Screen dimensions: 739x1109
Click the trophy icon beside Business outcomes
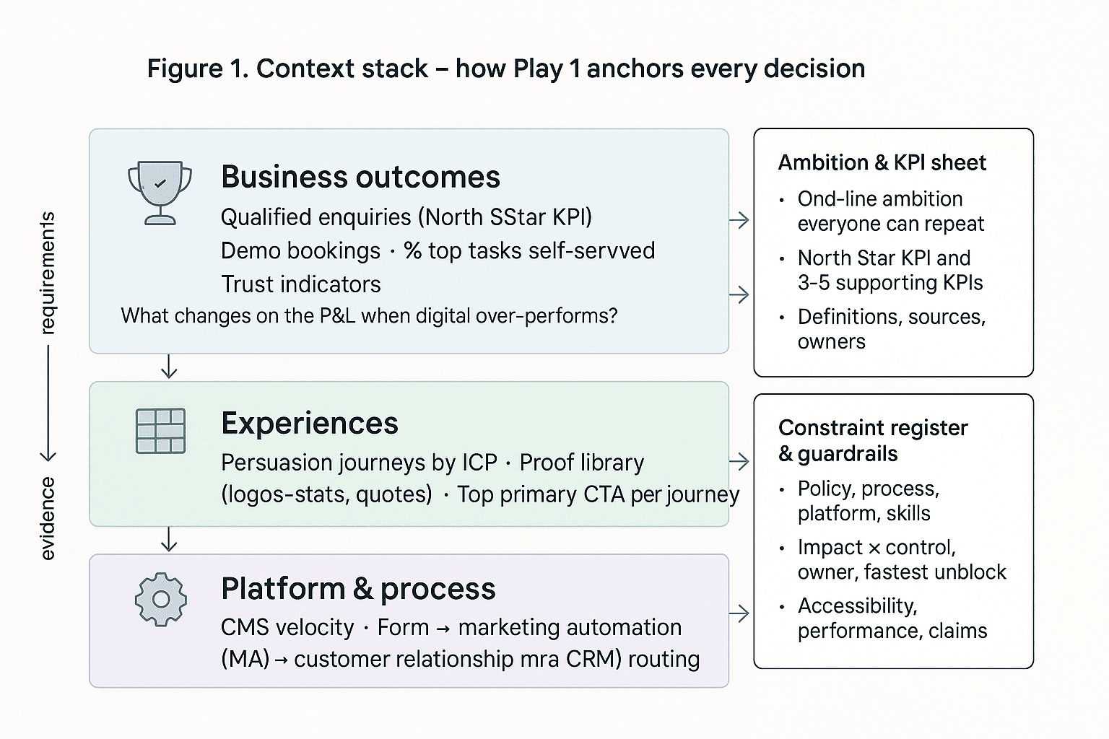click(160, 193)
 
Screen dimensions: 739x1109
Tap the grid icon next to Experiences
click(160, 431)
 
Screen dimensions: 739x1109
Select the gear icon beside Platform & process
click(161, 599)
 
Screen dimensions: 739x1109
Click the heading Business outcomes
click(360, 177)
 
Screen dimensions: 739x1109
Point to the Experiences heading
click(310, 423)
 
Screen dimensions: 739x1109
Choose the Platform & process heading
click(358, 589)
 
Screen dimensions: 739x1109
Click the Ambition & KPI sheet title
click(882, 162)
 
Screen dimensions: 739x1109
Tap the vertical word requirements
click(47, 273)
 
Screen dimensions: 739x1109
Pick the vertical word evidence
click(47, 517)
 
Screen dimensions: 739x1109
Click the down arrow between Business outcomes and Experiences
click(169, 367)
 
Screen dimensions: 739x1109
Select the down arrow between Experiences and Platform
click(169, 539)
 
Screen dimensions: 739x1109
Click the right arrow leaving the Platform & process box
click(739, 613)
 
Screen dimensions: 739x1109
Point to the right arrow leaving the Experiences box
click(739, 462)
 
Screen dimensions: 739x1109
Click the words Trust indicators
click(300, 284)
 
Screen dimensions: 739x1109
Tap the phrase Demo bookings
click(300, 250)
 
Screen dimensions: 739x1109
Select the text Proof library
click(581, 462)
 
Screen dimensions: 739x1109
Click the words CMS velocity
click(287, 627)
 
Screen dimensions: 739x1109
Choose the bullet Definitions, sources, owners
click(891, 328)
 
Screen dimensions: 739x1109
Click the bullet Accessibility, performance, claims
click(892, 618)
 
